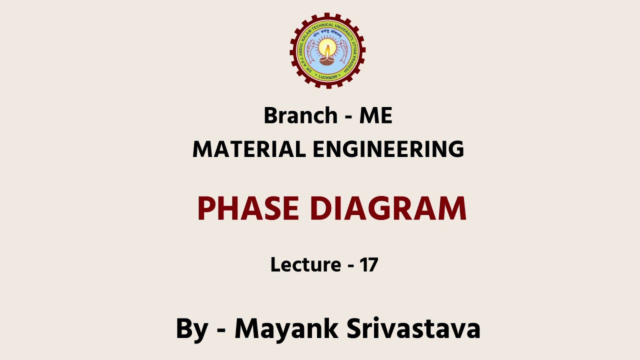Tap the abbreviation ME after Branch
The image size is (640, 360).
375,116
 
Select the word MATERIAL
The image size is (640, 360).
248,149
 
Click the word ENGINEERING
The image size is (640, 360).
388,149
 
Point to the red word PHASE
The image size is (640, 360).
248,208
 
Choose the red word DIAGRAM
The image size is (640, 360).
388,208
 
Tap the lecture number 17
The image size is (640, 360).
368,264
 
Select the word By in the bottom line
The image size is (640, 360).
191,329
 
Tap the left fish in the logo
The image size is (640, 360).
310,51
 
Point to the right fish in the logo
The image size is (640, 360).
344,51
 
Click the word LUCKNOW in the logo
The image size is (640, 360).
327,77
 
